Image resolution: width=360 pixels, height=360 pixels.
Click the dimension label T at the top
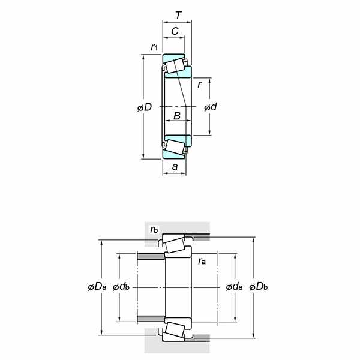coord(178,16)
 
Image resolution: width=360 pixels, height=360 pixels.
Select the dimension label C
coord(175,31)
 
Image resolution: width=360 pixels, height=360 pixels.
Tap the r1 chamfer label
coord(154,47)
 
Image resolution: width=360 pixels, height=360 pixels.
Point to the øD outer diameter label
coord(145,107)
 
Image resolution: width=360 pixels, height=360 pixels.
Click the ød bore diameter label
coord(211,107)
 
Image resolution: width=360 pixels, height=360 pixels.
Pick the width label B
coord(177,116)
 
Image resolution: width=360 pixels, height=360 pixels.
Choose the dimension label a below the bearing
coord(175,167)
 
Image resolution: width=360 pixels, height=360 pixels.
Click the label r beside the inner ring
coord(199,85)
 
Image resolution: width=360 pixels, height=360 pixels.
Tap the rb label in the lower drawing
coord(154,229)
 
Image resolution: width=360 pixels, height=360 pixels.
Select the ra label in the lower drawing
coord(202,260)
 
